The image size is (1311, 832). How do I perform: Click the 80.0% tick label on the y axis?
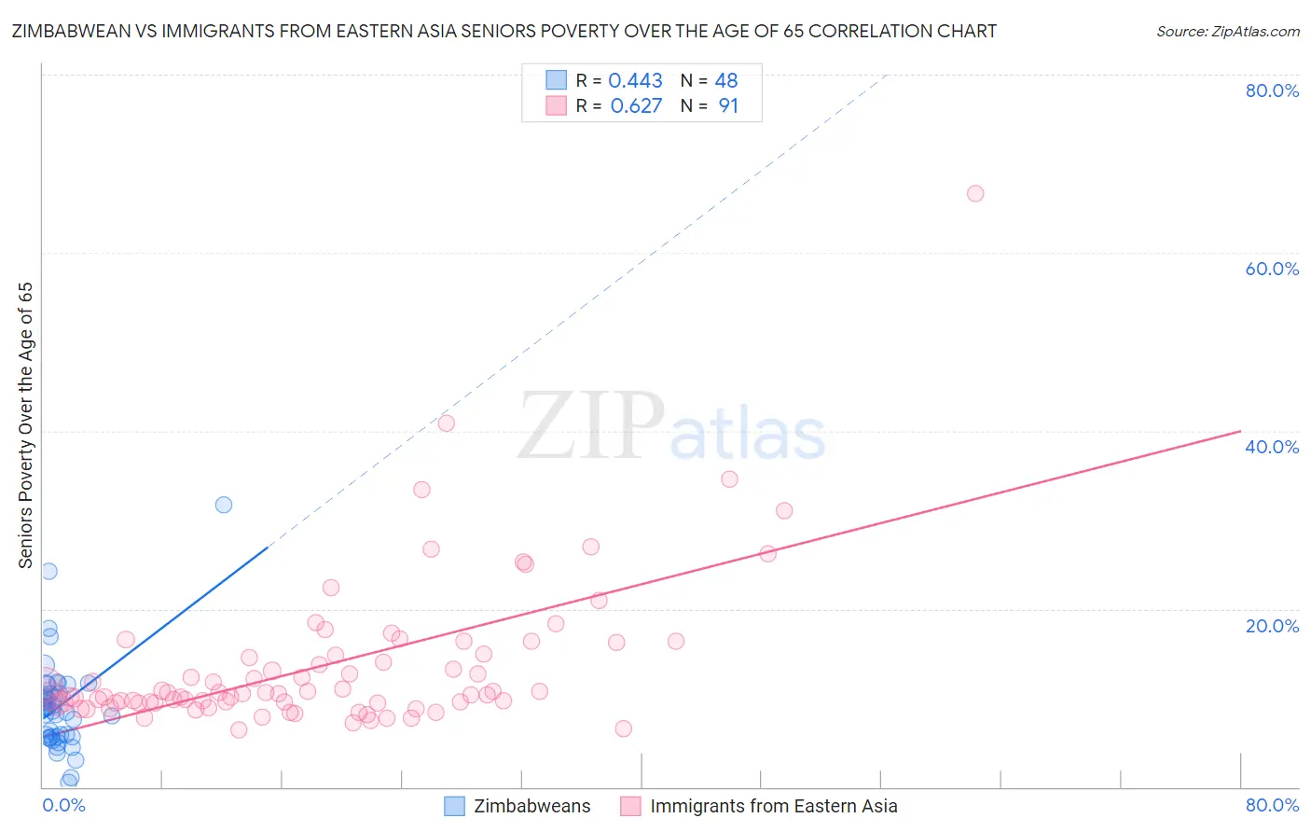[x=1272, y=90]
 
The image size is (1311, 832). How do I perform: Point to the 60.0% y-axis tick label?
[x=1272, y=269]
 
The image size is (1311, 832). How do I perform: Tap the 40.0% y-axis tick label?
[x=1272, y=447]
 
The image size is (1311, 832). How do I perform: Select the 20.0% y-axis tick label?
[x=1272, y=625]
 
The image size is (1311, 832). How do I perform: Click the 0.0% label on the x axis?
[x=63, y=805]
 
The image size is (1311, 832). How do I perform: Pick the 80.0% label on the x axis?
[x=1272, y=805]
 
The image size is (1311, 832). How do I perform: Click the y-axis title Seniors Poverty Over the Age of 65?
[x=25, y=425]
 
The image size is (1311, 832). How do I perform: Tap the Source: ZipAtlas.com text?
[x=1227, y=32]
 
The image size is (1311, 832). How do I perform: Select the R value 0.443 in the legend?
[x=635, y=81]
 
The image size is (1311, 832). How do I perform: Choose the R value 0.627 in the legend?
[x=636, y=106]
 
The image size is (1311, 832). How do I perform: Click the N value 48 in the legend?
[x=726, y=81]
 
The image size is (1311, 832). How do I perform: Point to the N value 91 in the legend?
[x=728, y=106]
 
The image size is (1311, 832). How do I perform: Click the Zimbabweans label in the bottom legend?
[x=531, y=806]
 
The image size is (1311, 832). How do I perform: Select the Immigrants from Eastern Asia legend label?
[x=773, y=806]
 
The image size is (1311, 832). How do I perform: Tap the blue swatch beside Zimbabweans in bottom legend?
[x=454, y=806]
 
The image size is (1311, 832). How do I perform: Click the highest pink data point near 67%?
[x=975, y=194]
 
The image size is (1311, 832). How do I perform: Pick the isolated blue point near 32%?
[x=224, y=505]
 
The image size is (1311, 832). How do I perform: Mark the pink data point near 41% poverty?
[x=447, y=423]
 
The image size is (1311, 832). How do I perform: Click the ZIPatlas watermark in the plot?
[x=671, y=427]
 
